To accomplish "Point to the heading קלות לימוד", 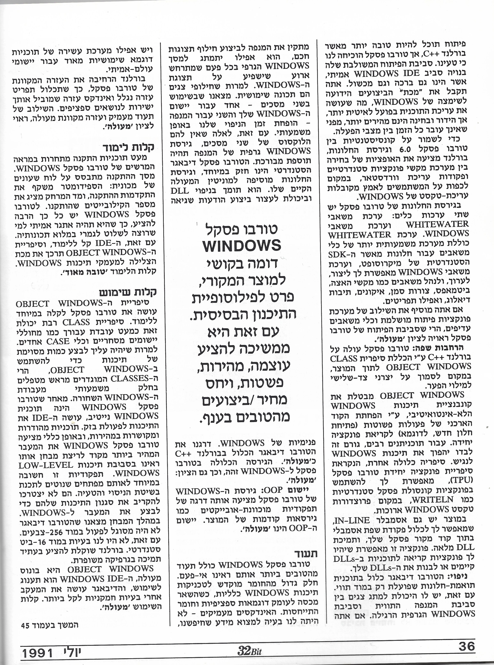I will pos(128,147).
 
